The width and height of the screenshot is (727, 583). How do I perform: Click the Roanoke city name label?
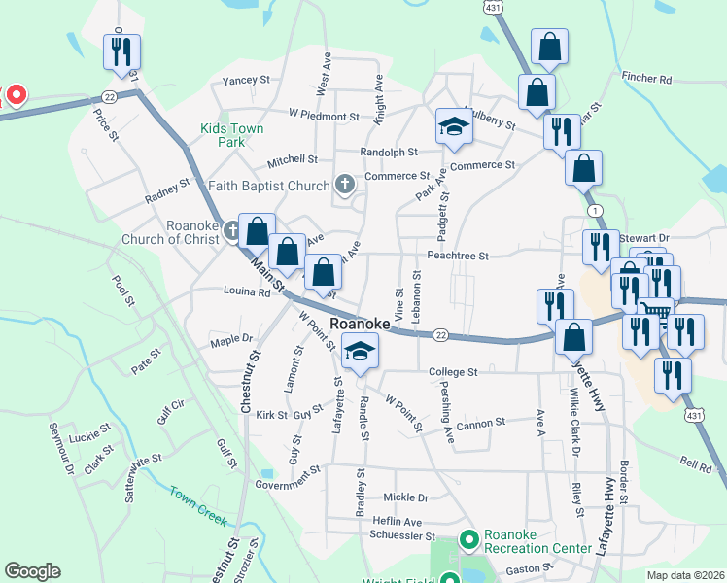(x=360, y=323)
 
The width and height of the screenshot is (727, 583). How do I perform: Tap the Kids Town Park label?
(x=223, y=135)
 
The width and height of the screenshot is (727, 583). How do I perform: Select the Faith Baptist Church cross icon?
(x=344, y=184)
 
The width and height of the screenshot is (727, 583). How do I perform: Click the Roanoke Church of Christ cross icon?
(x=231, y=230)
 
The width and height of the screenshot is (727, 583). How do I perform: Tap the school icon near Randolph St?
(x=453, y=126)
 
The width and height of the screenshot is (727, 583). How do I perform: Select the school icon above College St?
(x=360, y=352)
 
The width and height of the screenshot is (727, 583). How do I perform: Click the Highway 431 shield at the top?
(x=494, y=7)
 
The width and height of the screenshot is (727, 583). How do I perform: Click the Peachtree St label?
(x=457, y=256)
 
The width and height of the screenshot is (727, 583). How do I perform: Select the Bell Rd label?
(x=696, y=465)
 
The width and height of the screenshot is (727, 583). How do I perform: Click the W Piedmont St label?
(x=324, y=116)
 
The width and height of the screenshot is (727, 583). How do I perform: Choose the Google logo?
(x=32, y=571)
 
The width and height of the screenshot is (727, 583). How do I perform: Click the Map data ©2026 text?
(x=685, y=575)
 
